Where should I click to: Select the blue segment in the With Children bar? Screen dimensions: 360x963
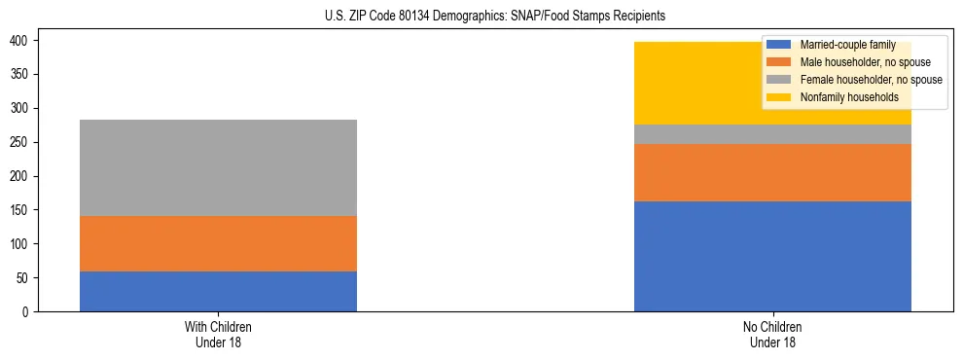pyautogui.click(x=218, y=291)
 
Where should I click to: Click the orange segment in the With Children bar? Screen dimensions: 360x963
pyautogui.click(x=218, y=243)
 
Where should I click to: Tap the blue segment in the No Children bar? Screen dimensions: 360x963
pyautogui.click(x=772, y=256)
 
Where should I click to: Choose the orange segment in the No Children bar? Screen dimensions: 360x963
pyautogui.click(x=772, y=172)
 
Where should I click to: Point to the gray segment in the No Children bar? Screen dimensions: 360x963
pyautogui.click(x=772, y=134)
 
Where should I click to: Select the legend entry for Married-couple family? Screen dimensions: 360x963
pyautogui.click(x=844, y=45)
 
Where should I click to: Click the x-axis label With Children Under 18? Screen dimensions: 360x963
pyautogui.click(x=218, y=334)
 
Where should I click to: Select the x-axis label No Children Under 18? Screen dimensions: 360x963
pyautogui.click(x=772, y=334)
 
